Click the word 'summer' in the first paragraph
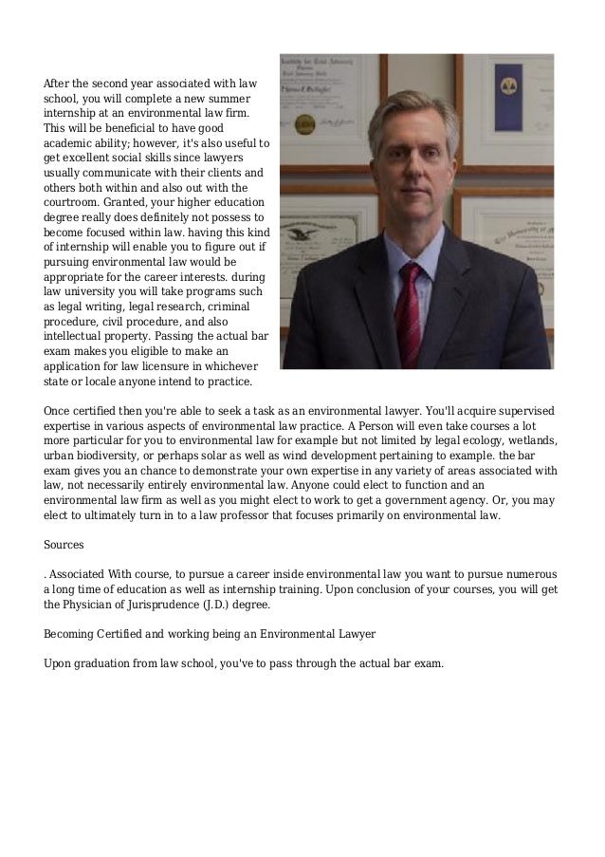point(229,99)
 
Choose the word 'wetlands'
point(535,441)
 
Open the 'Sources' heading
point(64,546)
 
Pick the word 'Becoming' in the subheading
point(72,633)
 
